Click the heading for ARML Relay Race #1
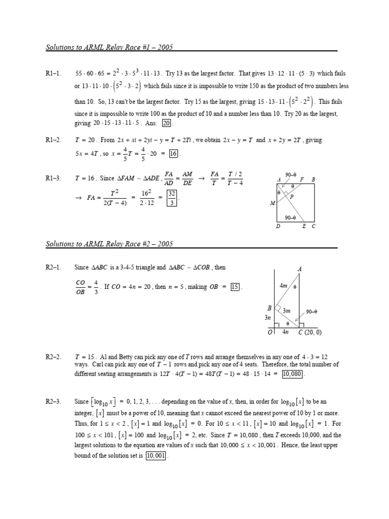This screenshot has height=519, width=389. coord(109,47)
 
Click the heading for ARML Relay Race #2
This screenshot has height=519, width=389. coord(109,244)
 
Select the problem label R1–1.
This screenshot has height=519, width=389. coord(53,73)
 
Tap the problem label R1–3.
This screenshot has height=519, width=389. coord(53,178)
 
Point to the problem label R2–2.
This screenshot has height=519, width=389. coord(53,357)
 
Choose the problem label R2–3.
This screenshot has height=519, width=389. coord(53,402)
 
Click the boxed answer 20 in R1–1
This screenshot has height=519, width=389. coord(167,123)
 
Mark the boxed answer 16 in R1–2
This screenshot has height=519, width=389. coord(173,154)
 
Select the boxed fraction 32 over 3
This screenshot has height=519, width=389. coord(172,198)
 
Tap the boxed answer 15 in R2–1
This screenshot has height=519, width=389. coord(235,287)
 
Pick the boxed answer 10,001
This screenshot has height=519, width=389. coord(156,456)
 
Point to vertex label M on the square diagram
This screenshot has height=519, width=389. coord(272,203)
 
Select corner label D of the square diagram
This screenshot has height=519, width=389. coord(278,227)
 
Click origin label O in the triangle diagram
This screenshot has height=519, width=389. coord(269,332)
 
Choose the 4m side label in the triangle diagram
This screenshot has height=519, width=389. coord(283,286)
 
